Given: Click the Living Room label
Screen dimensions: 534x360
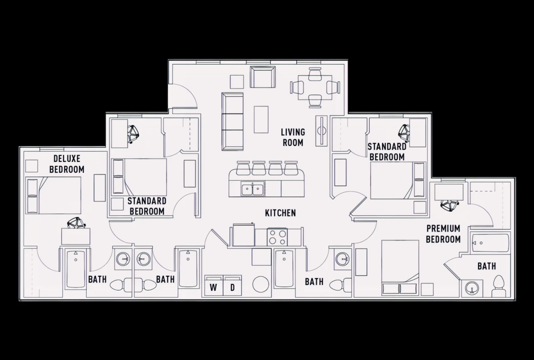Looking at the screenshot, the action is click(293, 138).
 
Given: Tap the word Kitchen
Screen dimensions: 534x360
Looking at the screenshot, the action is click(280, 213).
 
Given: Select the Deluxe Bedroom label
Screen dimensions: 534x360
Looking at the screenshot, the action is click(67, 164).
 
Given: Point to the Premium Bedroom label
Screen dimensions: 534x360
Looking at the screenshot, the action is click(443, 234).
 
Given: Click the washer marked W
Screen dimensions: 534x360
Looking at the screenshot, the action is click(214, 285).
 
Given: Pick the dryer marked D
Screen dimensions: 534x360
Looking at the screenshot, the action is click(232, 285).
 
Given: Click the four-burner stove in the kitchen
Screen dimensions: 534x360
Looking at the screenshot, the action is click(277, 237).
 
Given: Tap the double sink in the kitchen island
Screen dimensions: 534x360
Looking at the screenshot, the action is click(252, 189).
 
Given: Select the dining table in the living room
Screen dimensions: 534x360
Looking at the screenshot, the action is click(315, 88).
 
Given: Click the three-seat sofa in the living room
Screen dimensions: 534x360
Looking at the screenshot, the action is click(232, 121).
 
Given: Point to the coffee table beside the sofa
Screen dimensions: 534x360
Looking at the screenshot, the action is click(261, 119).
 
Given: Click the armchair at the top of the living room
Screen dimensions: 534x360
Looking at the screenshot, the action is click(263, 77).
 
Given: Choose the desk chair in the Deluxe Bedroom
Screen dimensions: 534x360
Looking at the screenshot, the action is click(76, 222).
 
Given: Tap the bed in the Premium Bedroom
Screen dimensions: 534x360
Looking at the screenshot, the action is click(400, 268).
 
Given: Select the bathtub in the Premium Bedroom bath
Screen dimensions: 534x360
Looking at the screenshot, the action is click(490, 243).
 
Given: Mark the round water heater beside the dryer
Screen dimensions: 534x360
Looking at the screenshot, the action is click(261, 284).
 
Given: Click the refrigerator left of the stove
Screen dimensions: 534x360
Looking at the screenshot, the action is click(243, 235).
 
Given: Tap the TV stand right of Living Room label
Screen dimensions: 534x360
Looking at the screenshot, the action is click(321, 131).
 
